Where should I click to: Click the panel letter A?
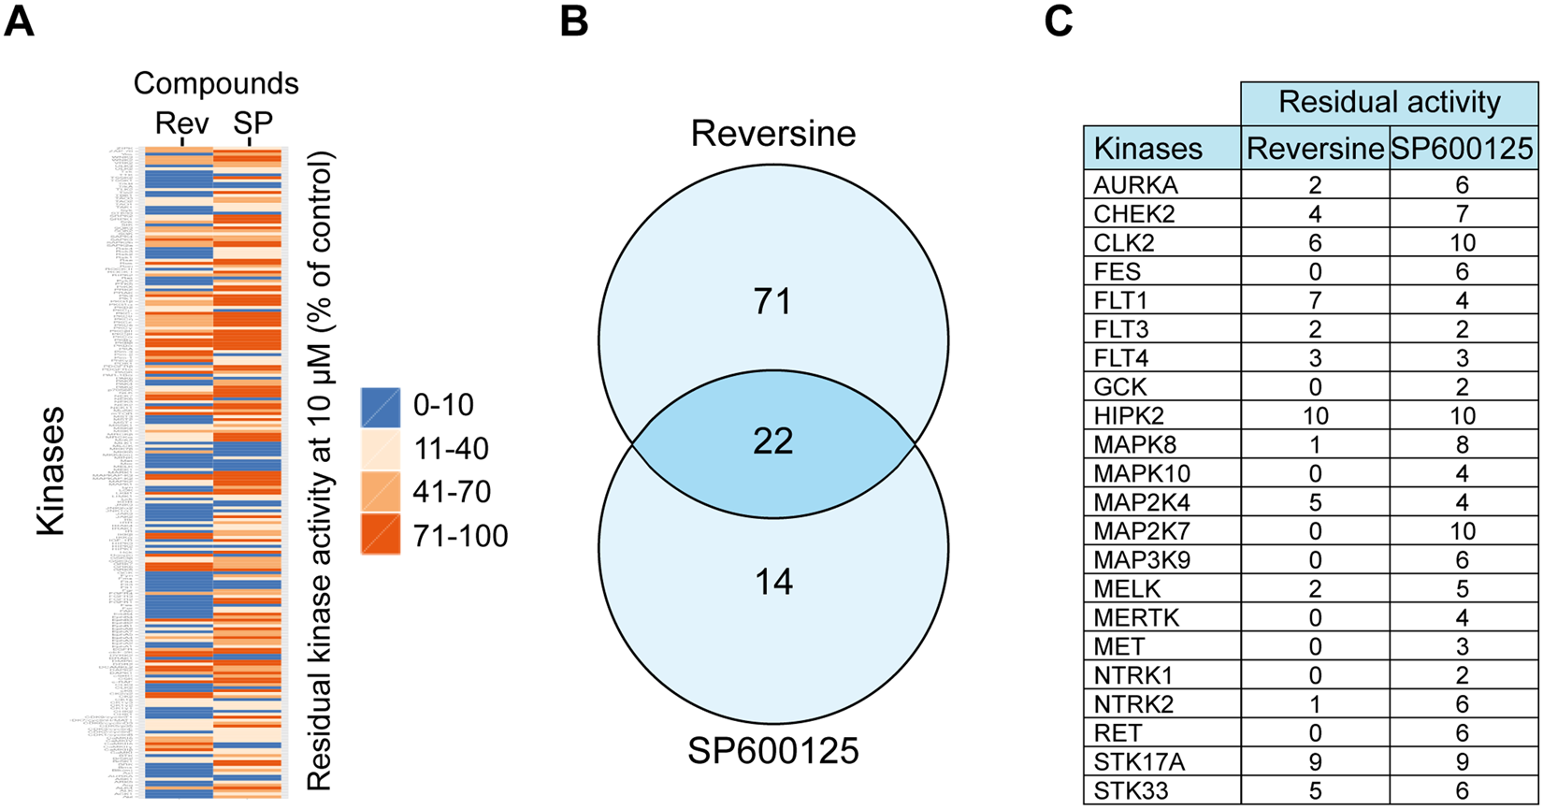20,21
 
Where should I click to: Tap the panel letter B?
574,21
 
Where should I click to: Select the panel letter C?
1058,21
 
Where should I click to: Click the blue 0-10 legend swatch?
381,405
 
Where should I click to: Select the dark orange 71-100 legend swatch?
381,535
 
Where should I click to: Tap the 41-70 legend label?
452,492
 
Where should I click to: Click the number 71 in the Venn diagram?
773,302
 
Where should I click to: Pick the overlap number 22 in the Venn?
773,441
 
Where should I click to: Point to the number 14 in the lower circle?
773,583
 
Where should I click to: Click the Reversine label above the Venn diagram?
773,134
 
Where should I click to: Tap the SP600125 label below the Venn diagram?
773,750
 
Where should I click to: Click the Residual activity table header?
1389,101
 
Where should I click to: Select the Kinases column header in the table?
1148,148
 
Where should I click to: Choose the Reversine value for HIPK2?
1314,415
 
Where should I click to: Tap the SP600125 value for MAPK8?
1464,444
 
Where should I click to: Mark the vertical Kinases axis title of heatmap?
50,470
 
